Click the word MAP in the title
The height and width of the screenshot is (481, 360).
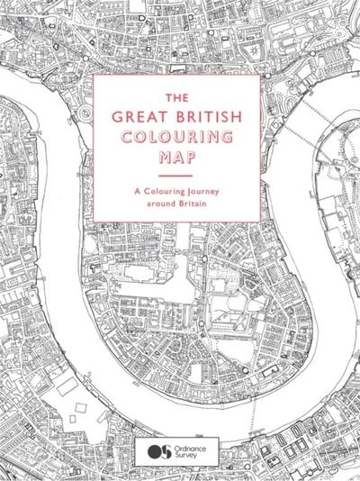[176, 156]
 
